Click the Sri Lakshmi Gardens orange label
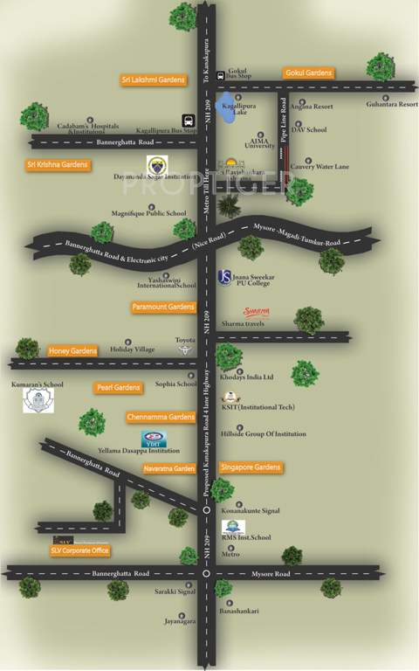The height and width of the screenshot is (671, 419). click(153, 80)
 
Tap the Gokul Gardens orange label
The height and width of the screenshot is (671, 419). click(308, 73)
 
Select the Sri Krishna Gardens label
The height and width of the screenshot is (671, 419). click(58, 164)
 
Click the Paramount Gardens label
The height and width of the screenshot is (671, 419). click(163, 307)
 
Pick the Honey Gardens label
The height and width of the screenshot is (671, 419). click(73, 350)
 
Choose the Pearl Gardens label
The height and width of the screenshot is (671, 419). click(118, 387)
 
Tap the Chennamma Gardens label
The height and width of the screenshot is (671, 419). click(161, 417)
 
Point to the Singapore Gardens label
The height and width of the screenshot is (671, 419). click(251, 467)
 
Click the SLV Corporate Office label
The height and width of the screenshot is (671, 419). click(79, 550)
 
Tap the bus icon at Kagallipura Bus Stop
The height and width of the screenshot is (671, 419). click(188, 121)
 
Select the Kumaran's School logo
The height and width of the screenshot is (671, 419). click(38, 401)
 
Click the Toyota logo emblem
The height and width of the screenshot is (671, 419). click(184, 349)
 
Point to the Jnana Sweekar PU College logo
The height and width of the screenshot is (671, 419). click(224, 277)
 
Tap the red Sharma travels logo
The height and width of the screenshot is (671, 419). click(256, 311)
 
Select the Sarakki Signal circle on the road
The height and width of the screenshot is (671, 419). click(206, 574)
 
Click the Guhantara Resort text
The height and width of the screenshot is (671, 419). click(392, 104)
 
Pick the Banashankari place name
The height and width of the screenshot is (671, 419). click(240, 611)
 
